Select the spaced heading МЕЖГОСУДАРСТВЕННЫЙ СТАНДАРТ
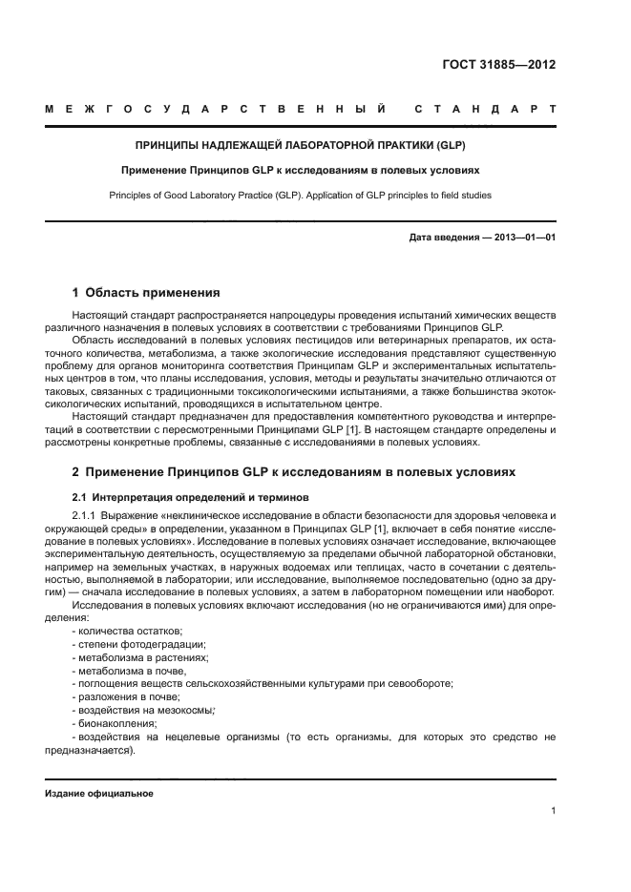click(300, 110)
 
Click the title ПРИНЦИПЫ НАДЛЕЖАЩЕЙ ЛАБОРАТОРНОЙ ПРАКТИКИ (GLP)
click(300, 146)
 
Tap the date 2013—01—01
click(523, 238)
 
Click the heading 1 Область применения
click(146, 292)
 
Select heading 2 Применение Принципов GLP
click(294, 471)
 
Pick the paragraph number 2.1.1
click(87, 515)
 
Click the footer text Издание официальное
click(99, 794)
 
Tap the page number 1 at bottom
click(553, 811)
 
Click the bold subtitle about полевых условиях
click(300, 171)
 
